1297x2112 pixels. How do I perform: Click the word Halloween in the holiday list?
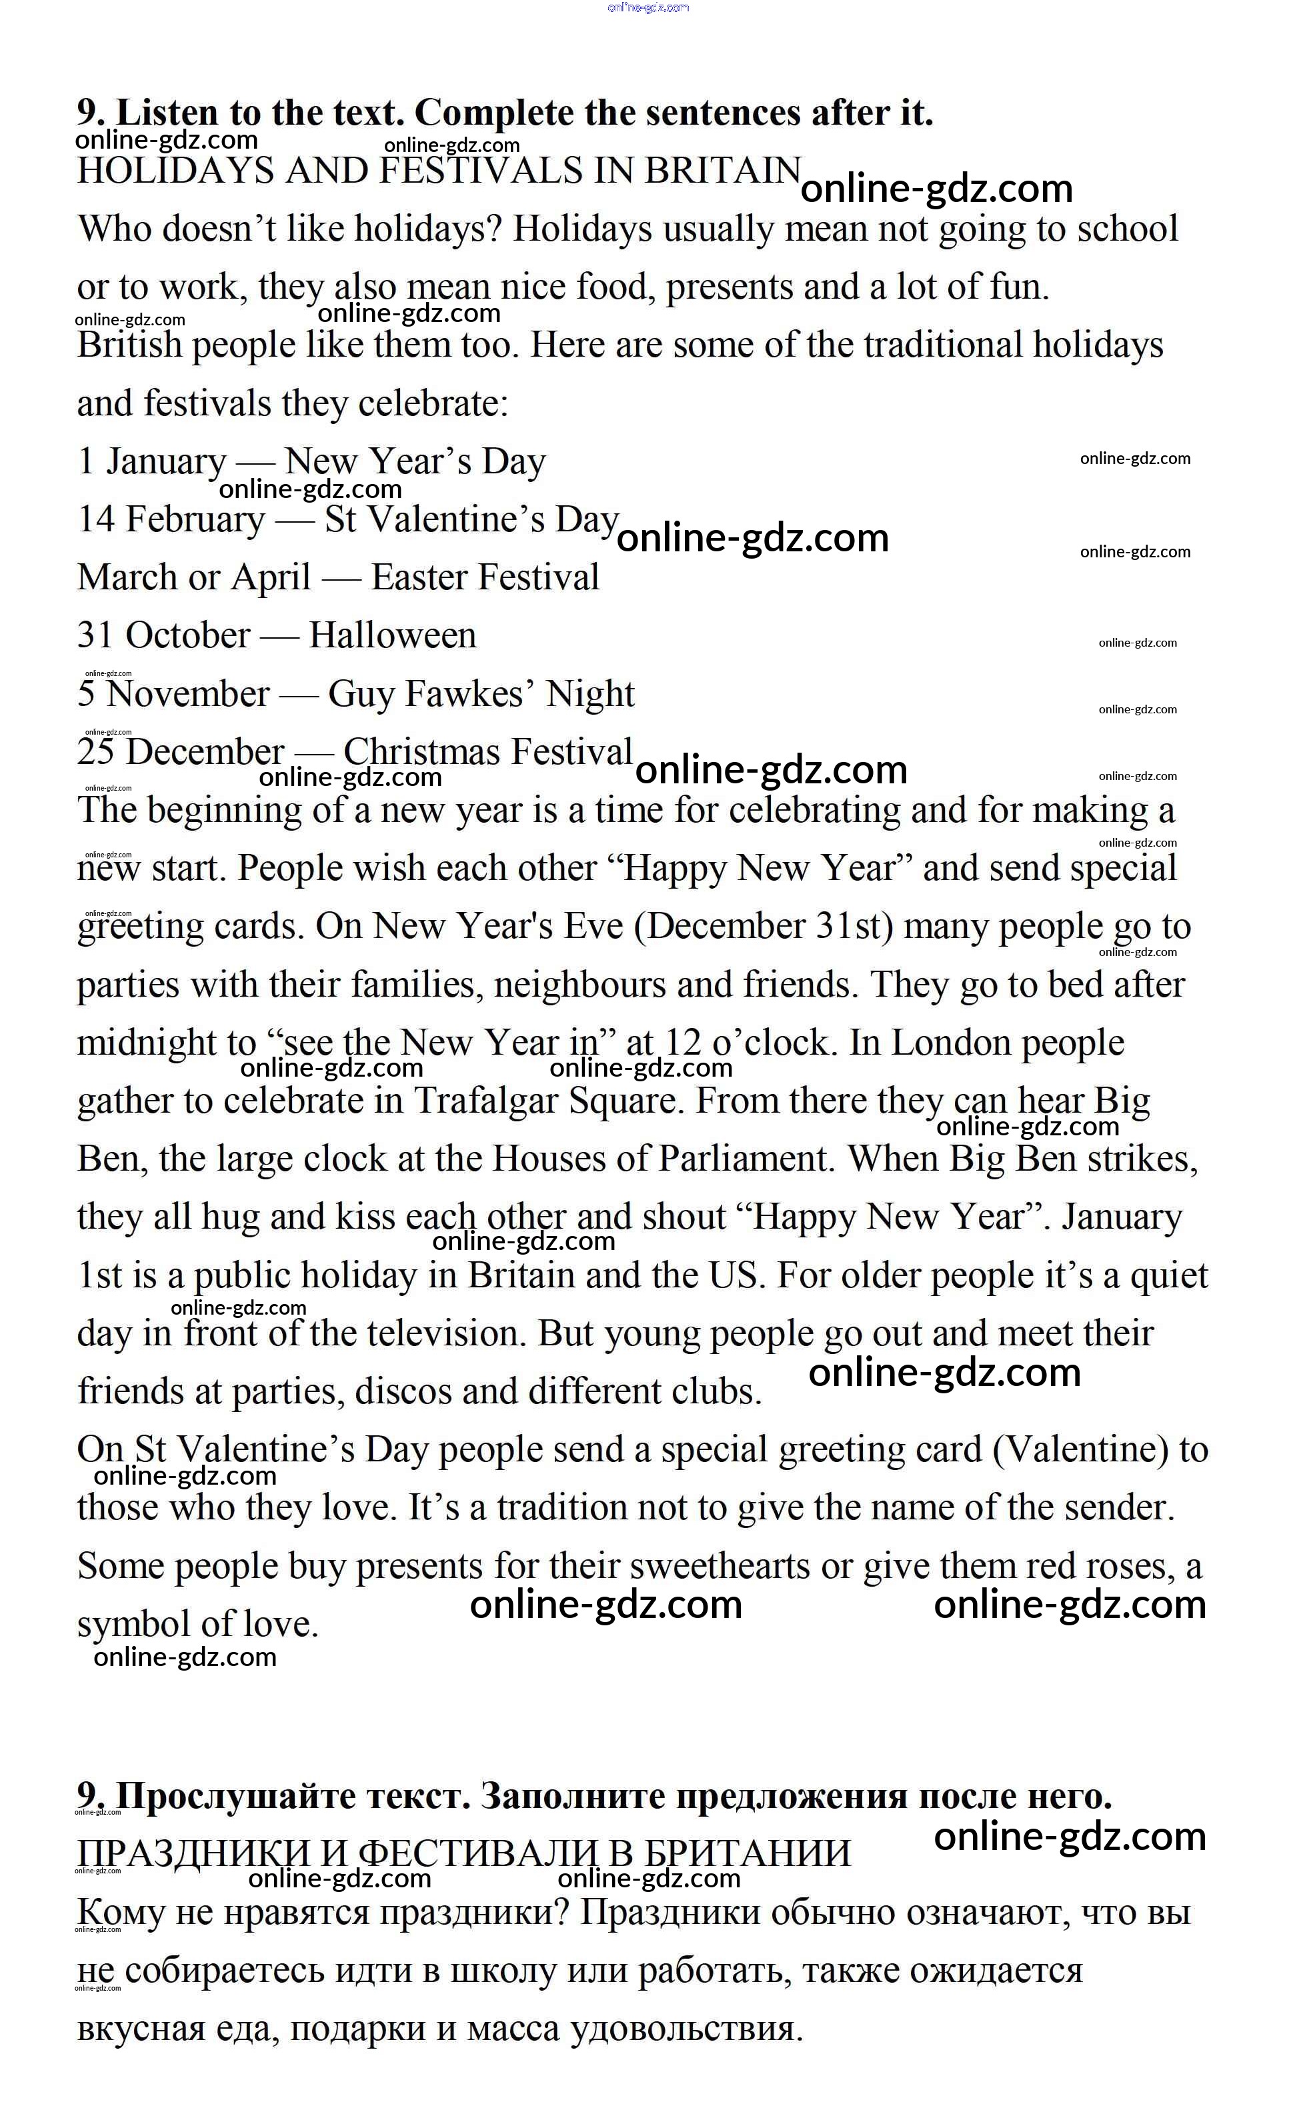click(x=392, y=635)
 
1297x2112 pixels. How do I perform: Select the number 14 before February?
click(x=97, y=519)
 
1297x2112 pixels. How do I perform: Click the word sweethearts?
click(x=720, y=1567)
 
